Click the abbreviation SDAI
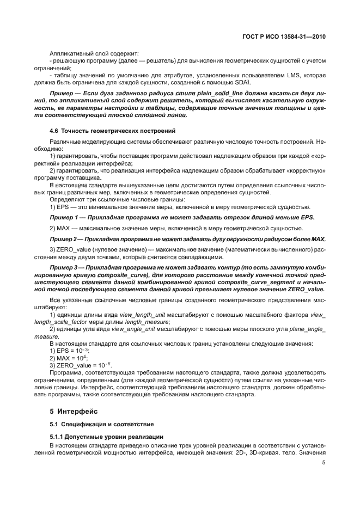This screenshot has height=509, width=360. (x=211, y=82)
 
